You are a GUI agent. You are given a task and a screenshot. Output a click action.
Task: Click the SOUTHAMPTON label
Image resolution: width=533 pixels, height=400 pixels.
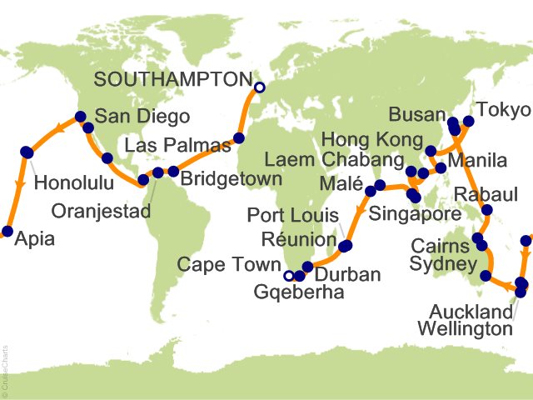(172, 79)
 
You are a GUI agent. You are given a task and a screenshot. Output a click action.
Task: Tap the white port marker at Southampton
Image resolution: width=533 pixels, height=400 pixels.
(259, 87)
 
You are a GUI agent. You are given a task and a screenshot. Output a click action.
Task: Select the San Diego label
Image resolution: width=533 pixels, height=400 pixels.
(142, 117)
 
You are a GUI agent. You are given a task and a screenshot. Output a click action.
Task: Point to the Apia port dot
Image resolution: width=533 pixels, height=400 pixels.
(7, 232)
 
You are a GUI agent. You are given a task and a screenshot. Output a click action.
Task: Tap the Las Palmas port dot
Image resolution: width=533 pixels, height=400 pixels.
(238, 138)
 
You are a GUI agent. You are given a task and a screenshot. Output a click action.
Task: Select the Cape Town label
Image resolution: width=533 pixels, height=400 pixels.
(229, 265)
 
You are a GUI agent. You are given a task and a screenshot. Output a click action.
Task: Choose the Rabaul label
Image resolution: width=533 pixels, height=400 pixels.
(488, 196)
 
